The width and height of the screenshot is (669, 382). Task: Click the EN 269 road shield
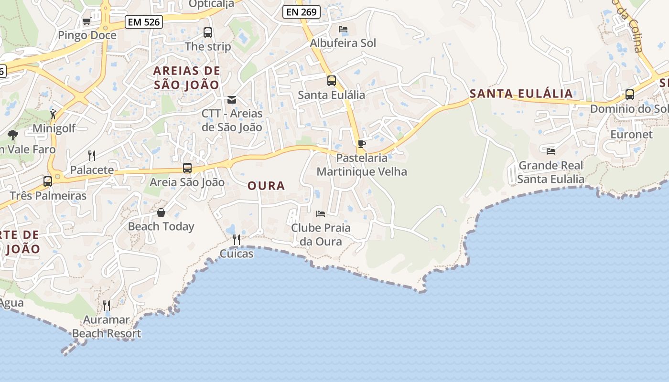pyautogui.click(x=301, y=12)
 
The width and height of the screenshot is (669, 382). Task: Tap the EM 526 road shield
pyautogui.click(x=144, y=21)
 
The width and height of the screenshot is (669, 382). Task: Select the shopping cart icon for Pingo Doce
pyautogui.click(x=86, y=21)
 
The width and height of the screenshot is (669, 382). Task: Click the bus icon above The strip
pyautogui.click(x=208, y=32)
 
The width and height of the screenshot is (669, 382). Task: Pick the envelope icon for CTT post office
pyautogui.click(x=232, y=100)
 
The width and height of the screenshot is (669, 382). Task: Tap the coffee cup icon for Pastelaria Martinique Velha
pyautogui.click(x=362, y=144)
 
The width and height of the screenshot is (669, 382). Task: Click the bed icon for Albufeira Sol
pyautogui.click(x=343, y=29)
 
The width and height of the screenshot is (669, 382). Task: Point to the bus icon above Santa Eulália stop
pyautogui.click(x=331, y=81)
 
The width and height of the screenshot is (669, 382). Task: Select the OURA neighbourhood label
pyautogui.click(x=266, y=186)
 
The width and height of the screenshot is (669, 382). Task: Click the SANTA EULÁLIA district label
pyautogui.click(x=521, y=94)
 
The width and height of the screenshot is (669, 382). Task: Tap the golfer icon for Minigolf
pyautogui.click(x=53, y=114)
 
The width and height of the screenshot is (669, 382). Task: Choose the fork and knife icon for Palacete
pyautogui.click(x=92, y=155)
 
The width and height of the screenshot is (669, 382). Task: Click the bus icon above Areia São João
pyautogui.click(x=187, y=168)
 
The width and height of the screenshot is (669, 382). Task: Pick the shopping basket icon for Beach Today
pyautogui.click(x=161, y=212)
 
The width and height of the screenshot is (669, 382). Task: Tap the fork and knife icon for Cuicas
pyautogui.click(x=237, y=239)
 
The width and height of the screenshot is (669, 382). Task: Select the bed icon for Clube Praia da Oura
pyautogui.click(x=321, y=213)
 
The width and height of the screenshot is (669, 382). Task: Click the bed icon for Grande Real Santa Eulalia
pyautogui.click(x=551, y=151)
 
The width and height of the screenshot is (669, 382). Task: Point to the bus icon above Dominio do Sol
pyautogui.click(x=630, y=95)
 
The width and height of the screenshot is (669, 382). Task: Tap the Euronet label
pyautogui.click(x=631, y=134)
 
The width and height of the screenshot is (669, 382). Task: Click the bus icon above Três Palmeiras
pyautogui.click(x=48, y=181)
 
